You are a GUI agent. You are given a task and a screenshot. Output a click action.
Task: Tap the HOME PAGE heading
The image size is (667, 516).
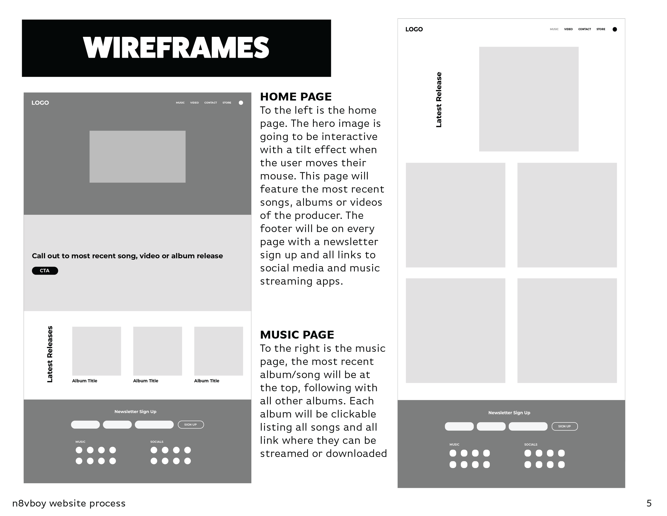[x=295, y=97]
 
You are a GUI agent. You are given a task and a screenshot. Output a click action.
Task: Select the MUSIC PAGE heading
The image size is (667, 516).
[x=297, y=335]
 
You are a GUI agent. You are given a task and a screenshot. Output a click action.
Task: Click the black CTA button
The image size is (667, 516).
[x=45, y=271]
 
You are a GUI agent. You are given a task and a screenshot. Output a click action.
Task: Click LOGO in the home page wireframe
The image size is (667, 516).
[x=40, y=103]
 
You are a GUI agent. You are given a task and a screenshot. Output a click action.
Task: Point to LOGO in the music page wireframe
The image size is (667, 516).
[x=414, y=29]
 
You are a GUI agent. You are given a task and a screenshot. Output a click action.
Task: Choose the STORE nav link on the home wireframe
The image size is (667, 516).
[x=227, y=103]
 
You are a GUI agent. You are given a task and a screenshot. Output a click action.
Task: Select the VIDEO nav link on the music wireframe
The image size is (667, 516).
[x=568, y=29]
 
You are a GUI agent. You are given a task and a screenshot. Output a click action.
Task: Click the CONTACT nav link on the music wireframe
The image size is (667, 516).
[x=584, y=29]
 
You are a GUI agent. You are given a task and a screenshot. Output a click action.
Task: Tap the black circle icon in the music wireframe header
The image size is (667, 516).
[x=614, y=29]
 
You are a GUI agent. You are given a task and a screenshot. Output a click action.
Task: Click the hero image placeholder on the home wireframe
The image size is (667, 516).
[x=137, y=157]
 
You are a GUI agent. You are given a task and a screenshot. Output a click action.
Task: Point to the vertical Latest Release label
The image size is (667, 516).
[x=439, y=100]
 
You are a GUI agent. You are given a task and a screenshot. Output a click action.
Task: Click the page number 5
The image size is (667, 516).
[x=649, y=503]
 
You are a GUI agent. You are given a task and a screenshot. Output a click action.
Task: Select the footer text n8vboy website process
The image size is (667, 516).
[x=69, y=503]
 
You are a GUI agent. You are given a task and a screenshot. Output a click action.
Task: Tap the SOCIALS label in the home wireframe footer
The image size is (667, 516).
[x=157, y=442]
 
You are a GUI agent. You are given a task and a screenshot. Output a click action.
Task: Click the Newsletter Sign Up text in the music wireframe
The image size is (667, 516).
[x=509, y=413]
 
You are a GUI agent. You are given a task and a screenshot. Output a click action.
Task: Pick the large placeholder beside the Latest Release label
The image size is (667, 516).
[x=528, y=99]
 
